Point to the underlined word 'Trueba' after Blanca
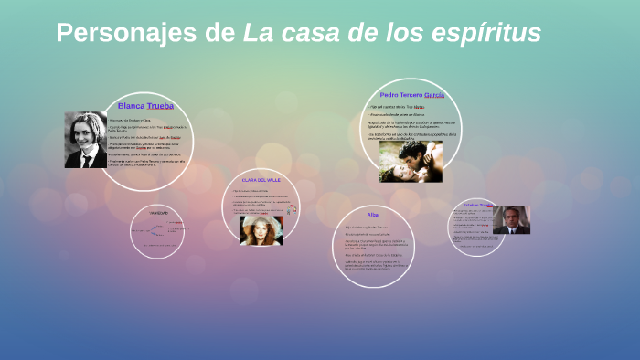coord(160,106)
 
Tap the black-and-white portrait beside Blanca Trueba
coord(85,140)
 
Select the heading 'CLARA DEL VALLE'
coord(261,180)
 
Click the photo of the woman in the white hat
coord(261,229)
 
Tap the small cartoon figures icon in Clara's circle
coord(289,209)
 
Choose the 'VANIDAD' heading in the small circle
coord(159,213)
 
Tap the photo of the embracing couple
coord(410,161)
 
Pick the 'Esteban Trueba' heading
coord(477,205)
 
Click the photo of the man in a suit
coord(510,219)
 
